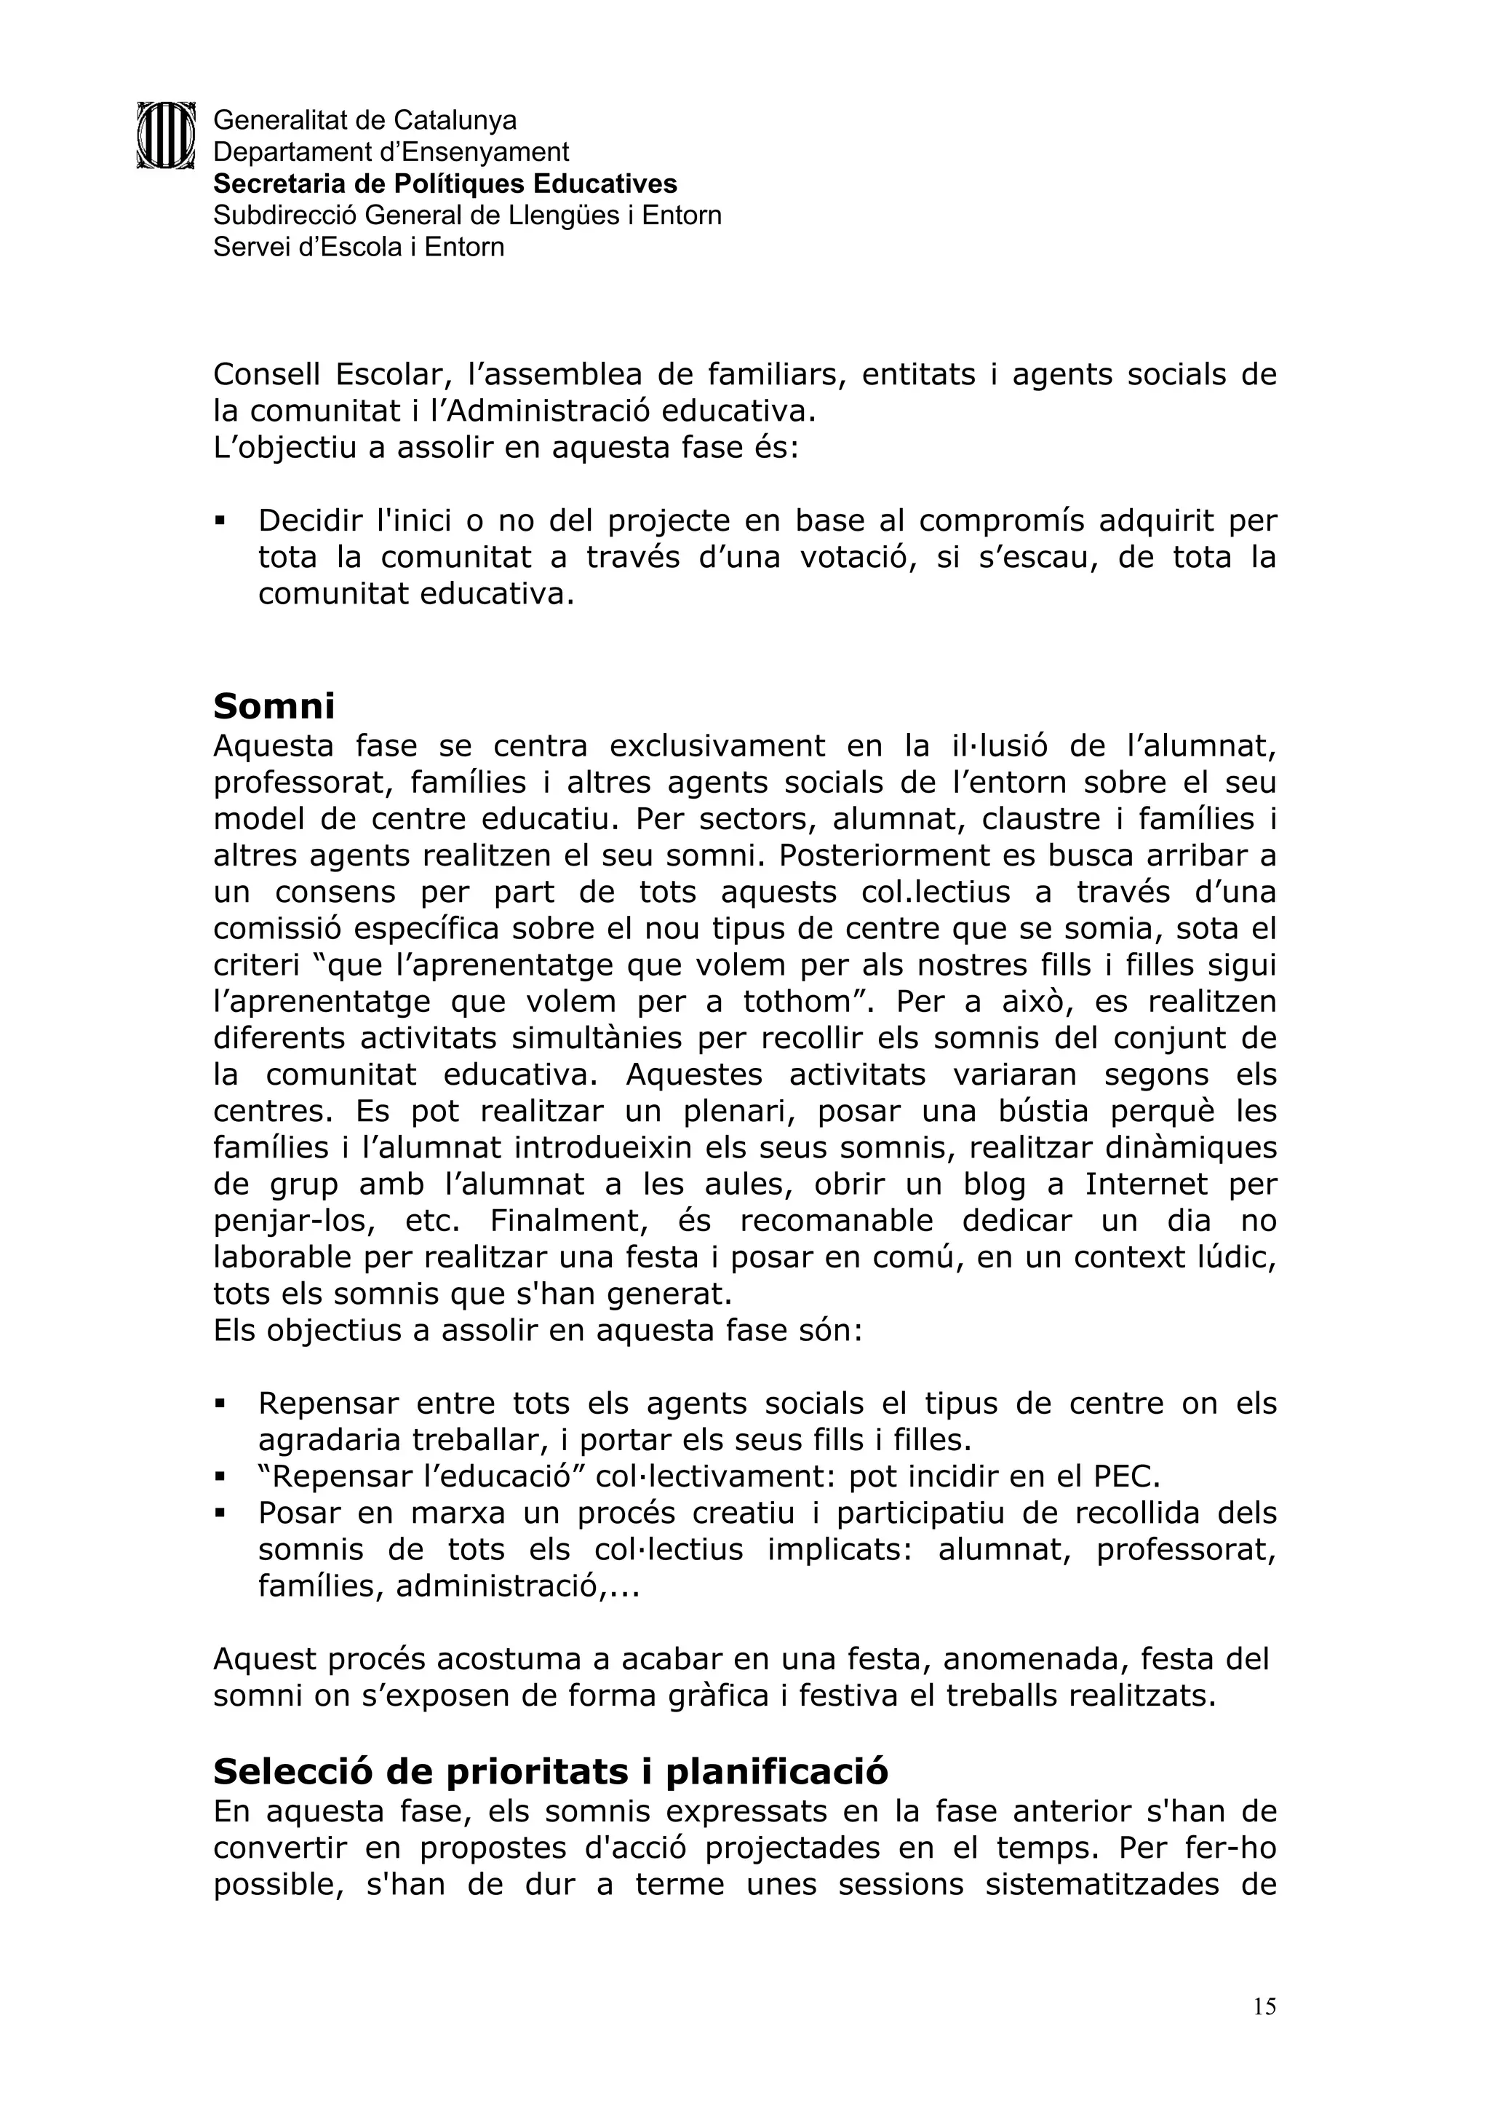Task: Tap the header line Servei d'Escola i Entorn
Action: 359,247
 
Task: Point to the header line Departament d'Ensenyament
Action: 391,151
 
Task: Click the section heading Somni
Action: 274,706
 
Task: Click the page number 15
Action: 1264,2006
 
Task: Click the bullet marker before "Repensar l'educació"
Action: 220,1477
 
